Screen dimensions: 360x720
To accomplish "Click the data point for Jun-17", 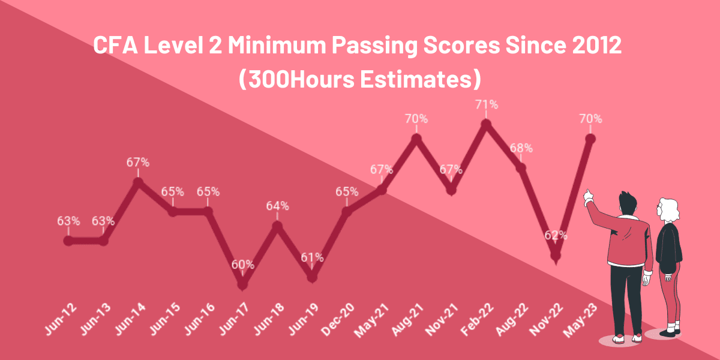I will tap(242, 283).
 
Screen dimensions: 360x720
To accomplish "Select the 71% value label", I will tap(487, 104).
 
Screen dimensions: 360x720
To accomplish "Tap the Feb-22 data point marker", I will tap(487, 124).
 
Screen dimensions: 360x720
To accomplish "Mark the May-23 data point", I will tap(590, 139).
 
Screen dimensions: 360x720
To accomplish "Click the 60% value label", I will tap(243, 264).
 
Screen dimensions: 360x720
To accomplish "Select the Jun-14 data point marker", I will tap(138, 182).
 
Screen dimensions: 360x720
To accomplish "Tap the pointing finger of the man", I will tap(589, 193).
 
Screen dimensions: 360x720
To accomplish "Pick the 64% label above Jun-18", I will tap(278, 206).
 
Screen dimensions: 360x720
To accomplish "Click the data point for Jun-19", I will tap(312, 277).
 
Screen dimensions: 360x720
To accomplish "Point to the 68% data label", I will tap(521, 148).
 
